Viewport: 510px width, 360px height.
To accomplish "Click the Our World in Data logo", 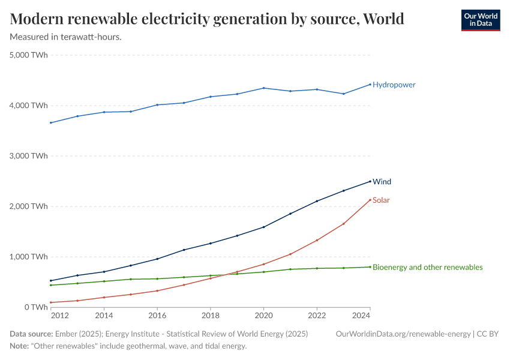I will point(480,20).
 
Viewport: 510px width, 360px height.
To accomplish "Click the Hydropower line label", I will point(394,85).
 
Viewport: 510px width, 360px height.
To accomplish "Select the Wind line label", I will point(382,181).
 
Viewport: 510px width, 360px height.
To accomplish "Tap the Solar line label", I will point(381,200).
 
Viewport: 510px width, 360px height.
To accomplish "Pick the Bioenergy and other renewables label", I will point(427,267).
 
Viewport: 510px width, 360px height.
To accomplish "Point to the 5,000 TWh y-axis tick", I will point(29,55).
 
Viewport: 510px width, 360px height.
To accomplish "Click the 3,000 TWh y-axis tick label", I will point(29,156).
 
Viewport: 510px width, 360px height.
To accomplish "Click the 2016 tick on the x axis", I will point(157,315).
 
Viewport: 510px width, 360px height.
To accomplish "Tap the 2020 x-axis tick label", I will point(263,315).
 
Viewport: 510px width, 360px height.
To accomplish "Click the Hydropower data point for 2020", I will point(263,88).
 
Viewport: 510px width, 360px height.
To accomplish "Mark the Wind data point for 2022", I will point(317,201).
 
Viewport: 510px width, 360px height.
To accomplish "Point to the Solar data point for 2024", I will point(370,200).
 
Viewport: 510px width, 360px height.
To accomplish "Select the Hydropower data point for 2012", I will point(51,122).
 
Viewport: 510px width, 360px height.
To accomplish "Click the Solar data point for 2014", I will point(104,298).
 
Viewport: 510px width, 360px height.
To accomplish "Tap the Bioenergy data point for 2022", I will point(317,268).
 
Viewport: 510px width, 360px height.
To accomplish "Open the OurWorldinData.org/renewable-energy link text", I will point(403,334).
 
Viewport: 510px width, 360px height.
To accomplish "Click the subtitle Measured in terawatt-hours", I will point(66,37).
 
